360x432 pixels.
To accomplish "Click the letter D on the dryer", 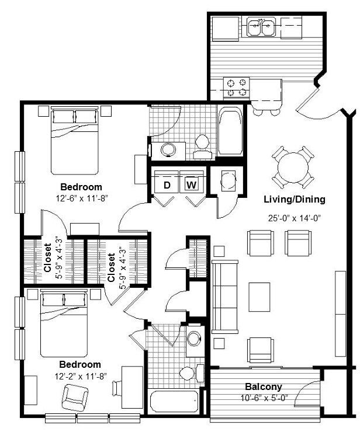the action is pos(167,185).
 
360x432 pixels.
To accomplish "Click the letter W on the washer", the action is pos(192,184).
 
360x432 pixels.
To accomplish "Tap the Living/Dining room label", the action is pos(295,199).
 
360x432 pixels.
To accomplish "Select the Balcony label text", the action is pos(264,386).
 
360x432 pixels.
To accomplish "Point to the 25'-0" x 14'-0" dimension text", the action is pos(294,218).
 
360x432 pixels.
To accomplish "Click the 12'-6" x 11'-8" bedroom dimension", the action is pos(81,198).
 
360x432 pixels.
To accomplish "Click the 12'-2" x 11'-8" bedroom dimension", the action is pos(81,376).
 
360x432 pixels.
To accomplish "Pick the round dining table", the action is pos(293,168).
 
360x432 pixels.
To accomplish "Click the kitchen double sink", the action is pos(261,26).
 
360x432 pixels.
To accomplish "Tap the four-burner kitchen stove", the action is pos(237,88).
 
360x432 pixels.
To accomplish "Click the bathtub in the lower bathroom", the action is pos(174,402).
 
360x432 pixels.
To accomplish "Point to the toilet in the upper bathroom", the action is pos(202,147).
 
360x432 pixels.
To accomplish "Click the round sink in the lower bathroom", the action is pos(193,339).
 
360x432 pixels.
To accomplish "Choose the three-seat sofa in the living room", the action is pos(225,297).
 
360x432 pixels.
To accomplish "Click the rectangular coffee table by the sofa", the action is pos(259,297).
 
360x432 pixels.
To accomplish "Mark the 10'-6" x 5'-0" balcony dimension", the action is pos(264,398).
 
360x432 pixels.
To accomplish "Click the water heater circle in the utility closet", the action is pos(228,181).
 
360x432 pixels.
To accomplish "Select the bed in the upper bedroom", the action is pos(75,141).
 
